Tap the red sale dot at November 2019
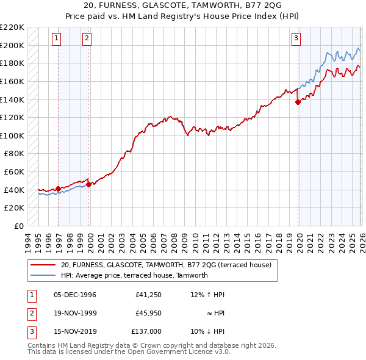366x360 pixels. (298, 103)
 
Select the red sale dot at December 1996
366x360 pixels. (59, 189)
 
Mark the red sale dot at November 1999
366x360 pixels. (89, 184)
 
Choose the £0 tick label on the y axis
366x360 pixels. (18, 226)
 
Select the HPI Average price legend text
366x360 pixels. (134, 275)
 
